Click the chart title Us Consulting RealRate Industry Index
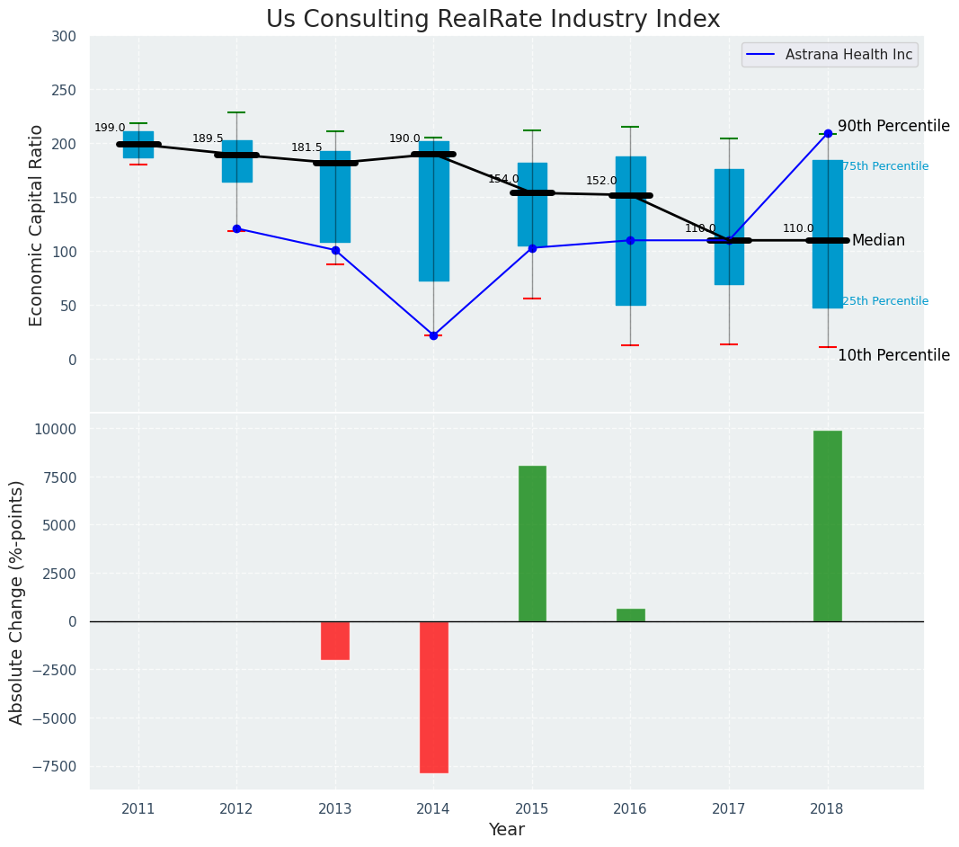point(493,20)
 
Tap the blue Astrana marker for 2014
point(433,335)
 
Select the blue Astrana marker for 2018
point(828,133)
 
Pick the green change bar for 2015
point(532,543)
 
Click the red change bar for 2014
point(433,697)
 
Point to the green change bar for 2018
point(828,526)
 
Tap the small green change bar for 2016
point(630,615)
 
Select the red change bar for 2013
point(335,640)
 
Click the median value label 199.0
point(110,128)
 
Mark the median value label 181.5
point(306,147)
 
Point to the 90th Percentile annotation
point(893,126)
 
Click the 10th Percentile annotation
point(893,355)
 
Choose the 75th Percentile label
point(885,166)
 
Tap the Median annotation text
point(878,240)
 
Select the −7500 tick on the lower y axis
point(57,767)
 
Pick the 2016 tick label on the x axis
point(630,808)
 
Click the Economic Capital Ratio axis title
point(37,225)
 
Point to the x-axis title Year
point(506,830)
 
